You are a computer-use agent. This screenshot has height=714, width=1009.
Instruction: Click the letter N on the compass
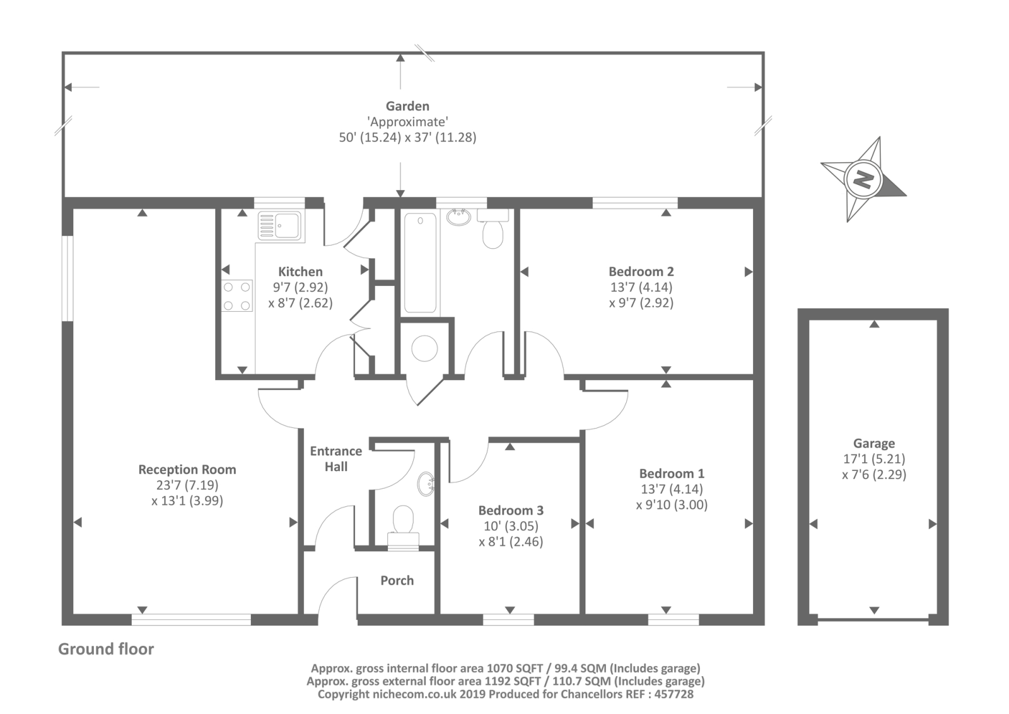coord(862,181)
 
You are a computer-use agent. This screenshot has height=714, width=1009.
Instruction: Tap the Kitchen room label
coord(300,271)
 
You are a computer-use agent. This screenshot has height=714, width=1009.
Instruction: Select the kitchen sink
coord(280,225)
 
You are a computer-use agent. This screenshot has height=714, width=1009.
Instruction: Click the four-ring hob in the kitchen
coord(237,296)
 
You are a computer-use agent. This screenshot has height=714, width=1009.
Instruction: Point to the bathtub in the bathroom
coord(420,263)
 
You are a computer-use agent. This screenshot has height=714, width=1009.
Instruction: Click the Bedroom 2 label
coord(641,271)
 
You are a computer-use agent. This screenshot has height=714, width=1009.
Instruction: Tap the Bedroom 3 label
coord(511,510)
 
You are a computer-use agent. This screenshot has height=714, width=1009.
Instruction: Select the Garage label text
coord(874,443)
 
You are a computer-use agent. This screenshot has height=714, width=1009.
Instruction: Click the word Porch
coord(397,581)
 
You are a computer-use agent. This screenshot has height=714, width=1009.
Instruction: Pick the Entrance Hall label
coord(336,459)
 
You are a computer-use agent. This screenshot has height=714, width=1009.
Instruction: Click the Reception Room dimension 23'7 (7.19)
coord(187,485)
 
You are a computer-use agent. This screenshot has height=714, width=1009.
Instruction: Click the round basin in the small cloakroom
coord(426,484)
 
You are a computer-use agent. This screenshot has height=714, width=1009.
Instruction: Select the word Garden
coord(407,106)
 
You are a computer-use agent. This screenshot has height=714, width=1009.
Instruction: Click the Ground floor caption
coord(107,649)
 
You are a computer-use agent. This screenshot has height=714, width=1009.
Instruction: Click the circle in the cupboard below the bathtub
coord(424,348)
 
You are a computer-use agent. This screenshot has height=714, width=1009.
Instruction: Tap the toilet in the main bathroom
coord(493,229)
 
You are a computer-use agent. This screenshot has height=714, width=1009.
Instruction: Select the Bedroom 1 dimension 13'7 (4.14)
coord(672,489)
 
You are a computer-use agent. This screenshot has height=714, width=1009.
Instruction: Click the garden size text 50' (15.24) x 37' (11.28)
coord(407,137)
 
